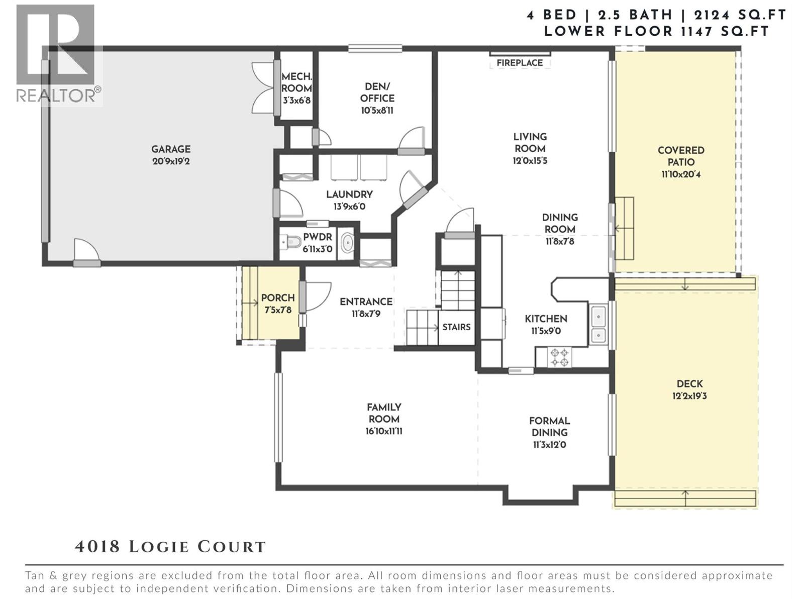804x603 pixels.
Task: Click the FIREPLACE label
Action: (520, 63)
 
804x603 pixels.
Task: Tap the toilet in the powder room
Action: (291, 242)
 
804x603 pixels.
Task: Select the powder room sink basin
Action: (347, 242)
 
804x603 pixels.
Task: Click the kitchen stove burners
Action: (559, 357)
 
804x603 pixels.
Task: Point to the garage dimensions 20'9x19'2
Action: (171, 161)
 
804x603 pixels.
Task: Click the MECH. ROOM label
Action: (296, 82)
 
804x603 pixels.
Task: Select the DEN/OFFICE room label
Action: (377, 92)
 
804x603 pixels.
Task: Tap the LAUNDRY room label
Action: (349, 194)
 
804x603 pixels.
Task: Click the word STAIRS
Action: (456, 327)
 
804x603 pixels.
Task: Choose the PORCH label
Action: (278, 298)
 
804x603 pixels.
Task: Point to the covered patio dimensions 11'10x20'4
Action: (681, 175)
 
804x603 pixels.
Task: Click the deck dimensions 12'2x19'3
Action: (690, 396)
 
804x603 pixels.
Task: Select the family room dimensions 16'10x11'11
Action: (384, 431)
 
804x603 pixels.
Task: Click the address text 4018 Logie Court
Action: (170, 547)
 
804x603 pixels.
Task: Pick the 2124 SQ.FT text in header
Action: (740, 15)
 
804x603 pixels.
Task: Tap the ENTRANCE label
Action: (366, 301)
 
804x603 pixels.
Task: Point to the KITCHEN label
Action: (546, 319)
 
